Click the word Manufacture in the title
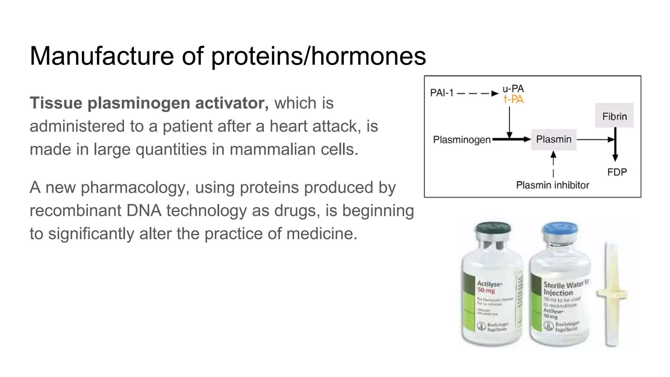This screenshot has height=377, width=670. tap(101, 56)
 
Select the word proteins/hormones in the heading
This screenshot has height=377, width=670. tap(318, 57)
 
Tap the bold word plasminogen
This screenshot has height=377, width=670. tap(139, 103)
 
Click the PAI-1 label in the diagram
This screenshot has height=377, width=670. tap(442, 93)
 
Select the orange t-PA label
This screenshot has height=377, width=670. tap(513, 99)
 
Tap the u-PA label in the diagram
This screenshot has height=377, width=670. tap(513, 88)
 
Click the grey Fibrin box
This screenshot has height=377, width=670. tap(614, 116)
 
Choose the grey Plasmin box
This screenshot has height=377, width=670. tap(554, 139)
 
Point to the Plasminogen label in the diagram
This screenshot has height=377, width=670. tap(462, 140)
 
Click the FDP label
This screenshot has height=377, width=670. tap(617, 172)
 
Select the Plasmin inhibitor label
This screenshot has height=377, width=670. tap(553, 185)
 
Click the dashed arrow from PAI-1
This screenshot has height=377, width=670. tap(478, 94)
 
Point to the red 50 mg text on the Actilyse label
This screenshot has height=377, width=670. tap(486, 291)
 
